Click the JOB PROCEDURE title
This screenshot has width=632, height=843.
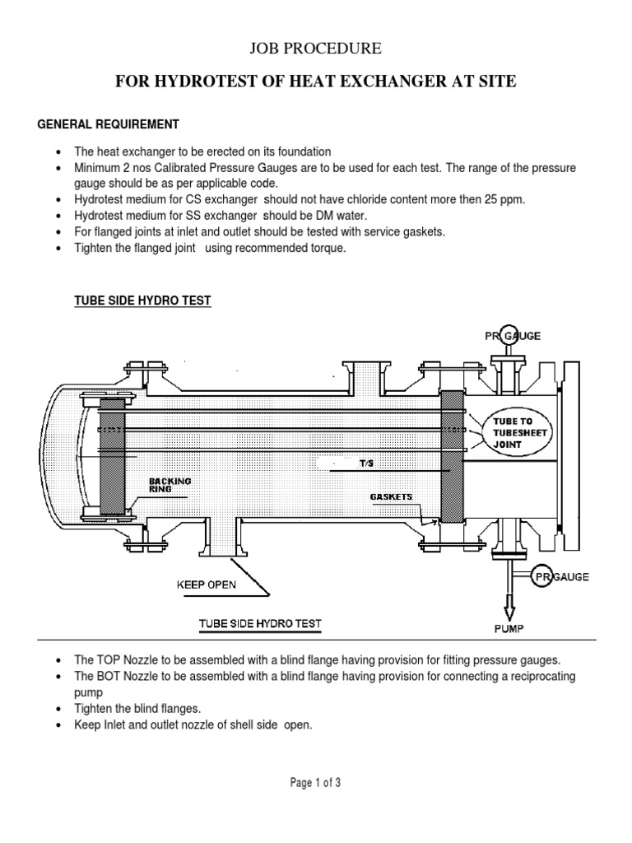(316, 49)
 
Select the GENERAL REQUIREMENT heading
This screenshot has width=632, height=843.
(109, 124)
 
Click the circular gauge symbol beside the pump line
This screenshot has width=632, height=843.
(541, 576)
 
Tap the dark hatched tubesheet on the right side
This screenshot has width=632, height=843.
(452, 456)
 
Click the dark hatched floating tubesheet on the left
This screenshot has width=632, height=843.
(112, 456)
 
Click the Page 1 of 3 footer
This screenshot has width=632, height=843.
(316, 783)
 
